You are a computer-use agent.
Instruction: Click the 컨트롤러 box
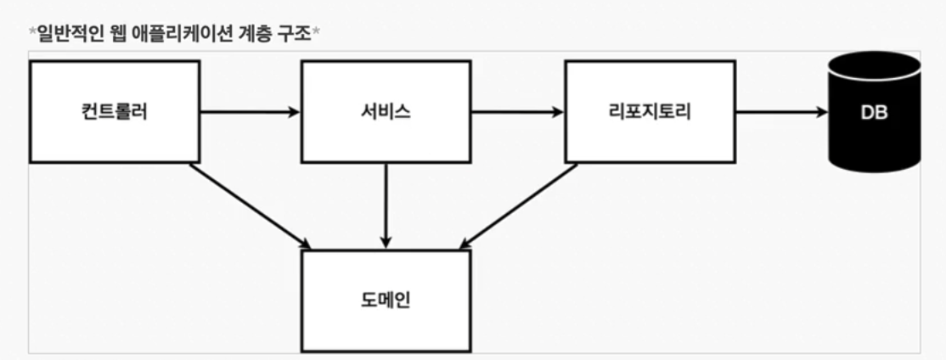[114, 111]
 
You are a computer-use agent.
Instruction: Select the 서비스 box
[386, 111]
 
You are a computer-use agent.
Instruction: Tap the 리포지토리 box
[650, 111]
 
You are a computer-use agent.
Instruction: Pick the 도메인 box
[386, 301]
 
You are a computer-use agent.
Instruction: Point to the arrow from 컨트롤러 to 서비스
[250, 111]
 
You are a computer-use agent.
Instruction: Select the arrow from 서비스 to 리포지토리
[517, 111]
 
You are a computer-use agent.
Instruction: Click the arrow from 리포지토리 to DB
[781, 111]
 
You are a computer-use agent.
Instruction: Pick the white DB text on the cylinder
[875, 112]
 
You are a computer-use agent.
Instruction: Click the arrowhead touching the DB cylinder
[821, 111]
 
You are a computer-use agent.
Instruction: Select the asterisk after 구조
[316, 33]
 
